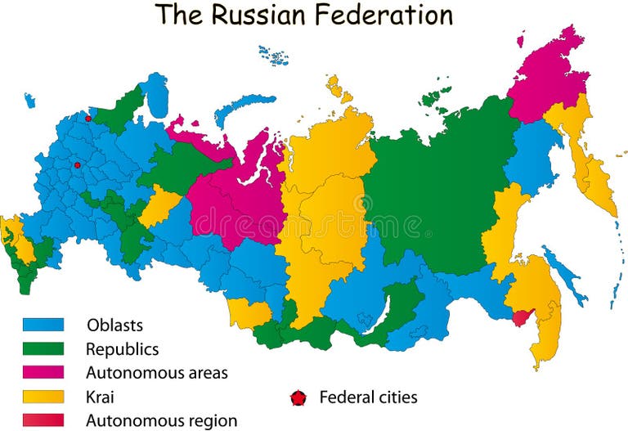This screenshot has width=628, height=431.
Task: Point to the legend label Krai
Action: pos(100,397)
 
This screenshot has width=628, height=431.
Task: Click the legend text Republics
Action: pos(123,349)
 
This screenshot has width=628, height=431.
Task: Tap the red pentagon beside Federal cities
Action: pos(298,398)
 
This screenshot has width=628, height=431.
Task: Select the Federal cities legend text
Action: pos(368,397)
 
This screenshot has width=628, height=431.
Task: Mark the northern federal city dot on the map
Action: pos(88,119)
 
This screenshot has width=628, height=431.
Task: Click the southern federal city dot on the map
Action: pos(78,165)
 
